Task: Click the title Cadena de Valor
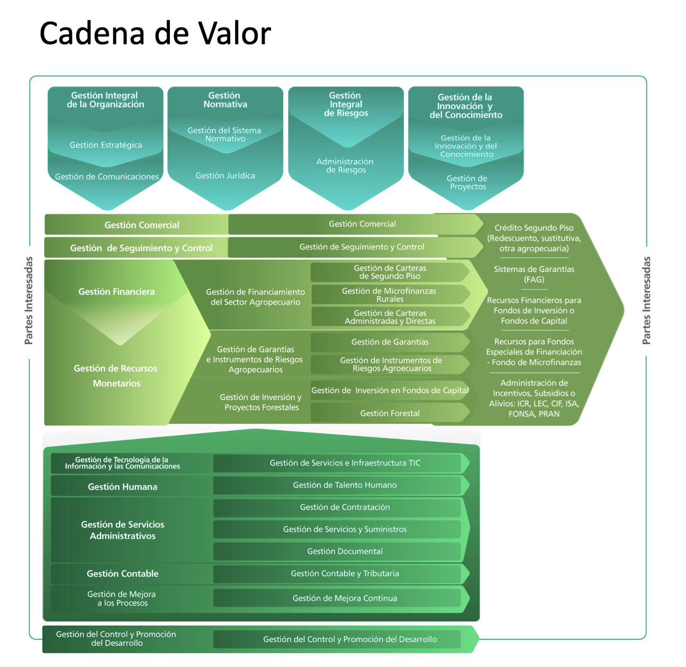[155, 33]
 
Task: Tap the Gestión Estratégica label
[106, 145]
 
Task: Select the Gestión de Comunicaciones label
[107, 177]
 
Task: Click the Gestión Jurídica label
[225, 176]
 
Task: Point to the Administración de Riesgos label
[345, 166]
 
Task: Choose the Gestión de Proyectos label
[467, 183]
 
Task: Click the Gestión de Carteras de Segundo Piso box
[390, 272]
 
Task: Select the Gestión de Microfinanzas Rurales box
[390, 295]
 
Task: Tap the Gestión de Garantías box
[390, 342]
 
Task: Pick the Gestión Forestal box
[390, 413]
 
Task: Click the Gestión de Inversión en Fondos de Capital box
[390, 391]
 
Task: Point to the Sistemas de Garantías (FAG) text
[534, 274]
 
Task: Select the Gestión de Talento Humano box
[345, 485]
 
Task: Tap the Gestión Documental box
[345, 552]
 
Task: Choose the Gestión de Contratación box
[345, 507]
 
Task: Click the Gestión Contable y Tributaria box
[345, 574]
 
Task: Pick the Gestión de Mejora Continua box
[345, 599]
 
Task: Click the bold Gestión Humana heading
[122, 487]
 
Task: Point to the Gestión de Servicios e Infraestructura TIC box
[345, 463]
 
